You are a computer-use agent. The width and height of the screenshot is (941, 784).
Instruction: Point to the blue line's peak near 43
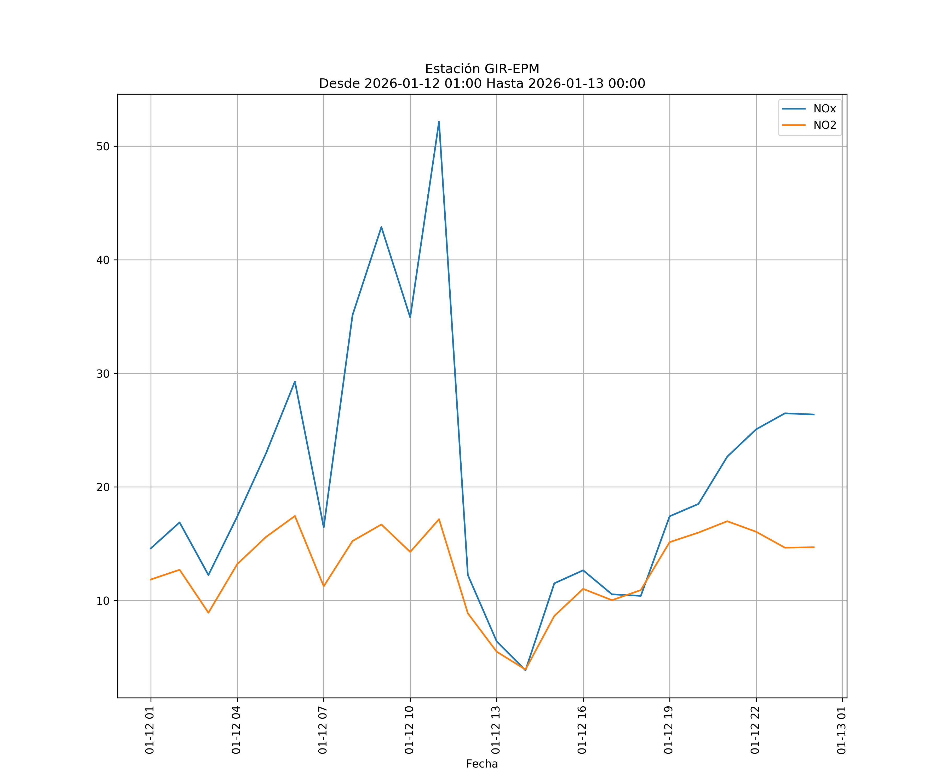[x=381, y=227]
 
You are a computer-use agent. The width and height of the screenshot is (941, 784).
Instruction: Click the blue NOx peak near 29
[x=295, y=382]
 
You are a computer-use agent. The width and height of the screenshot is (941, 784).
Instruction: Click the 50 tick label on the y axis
[x=103, y=147]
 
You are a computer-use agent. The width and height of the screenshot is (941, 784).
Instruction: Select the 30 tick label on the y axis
[x=103, y=374]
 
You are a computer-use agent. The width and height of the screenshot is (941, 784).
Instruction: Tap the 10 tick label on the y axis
[x=103, y=601]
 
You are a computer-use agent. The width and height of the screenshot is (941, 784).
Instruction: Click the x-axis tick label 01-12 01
[x=150, y=730]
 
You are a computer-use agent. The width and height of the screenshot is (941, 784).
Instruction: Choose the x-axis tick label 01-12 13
[x=496, y=730]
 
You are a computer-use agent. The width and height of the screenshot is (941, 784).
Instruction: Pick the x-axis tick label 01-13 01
[x=842, y=730]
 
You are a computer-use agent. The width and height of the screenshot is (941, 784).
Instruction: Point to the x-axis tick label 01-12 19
[x=669, y=730]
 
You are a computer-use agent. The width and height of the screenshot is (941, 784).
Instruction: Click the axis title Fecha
[x=482, y=764]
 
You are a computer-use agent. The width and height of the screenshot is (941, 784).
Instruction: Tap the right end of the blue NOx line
[x=814, y=414]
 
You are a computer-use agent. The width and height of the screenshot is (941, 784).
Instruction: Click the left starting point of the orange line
[x=151, y=579]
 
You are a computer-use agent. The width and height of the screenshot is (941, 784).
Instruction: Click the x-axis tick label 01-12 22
[x=755, y=730]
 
